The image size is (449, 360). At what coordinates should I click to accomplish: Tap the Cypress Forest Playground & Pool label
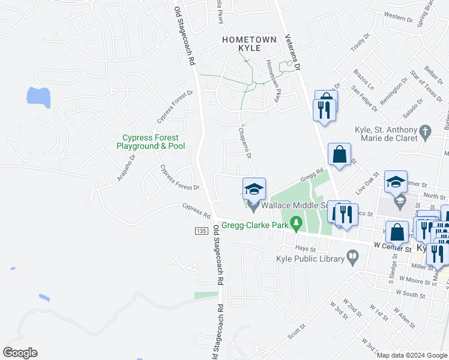coord(151,142)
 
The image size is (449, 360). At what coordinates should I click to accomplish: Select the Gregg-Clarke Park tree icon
coord(295,224)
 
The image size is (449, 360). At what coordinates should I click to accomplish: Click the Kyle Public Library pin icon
coord(354,259)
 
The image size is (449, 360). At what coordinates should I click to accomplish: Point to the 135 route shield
coord(201,231)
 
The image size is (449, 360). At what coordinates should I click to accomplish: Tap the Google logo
coord(20,353)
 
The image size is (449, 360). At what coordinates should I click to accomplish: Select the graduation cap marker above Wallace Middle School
coord(254,189)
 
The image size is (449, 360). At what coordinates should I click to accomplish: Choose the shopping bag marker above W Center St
coord(397,232)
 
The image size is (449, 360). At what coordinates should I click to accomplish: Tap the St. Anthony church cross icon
coord(425,131)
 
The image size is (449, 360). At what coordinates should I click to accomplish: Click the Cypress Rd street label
coord(197,211)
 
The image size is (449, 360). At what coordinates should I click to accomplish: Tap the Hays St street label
coord(305,248)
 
